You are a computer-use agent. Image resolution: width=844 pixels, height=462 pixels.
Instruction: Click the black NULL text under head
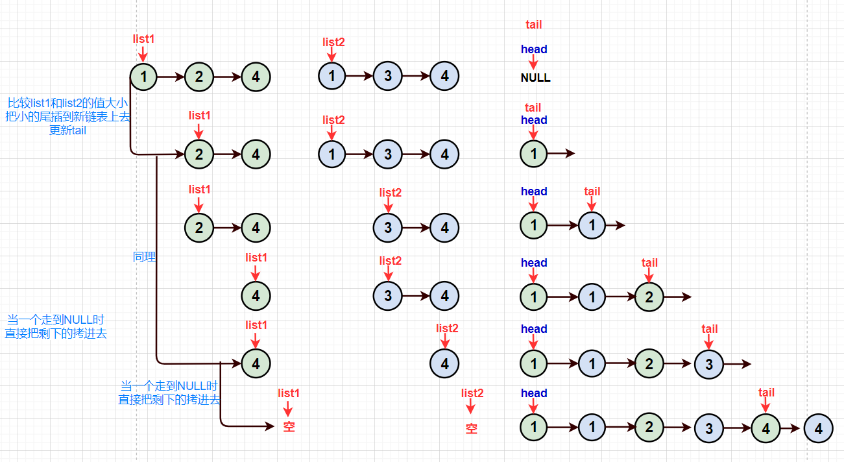tap(535, 78)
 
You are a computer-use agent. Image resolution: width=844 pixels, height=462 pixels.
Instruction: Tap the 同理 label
tap(144, 257)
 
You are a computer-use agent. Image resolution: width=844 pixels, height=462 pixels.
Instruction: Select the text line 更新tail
tap(67, 130)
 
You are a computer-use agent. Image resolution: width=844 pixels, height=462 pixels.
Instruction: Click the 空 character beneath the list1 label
tap(289, 427)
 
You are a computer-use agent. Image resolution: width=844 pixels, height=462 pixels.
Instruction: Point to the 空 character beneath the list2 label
tap(472, 428)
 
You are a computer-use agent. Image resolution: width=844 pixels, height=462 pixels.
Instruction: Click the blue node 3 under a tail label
tap(709, 364)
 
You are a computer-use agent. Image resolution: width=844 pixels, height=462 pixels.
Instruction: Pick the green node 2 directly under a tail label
tap(649, 297)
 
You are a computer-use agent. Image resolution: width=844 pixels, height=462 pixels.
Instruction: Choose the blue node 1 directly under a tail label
tap(592, 225)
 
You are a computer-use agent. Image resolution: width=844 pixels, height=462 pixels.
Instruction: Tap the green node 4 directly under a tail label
tap(766, 428)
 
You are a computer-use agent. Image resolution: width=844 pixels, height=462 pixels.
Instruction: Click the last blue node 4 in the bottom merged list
tap(818, 429)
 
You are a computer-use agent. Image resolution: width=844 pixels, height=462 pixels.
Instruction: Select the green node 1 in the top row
tap(143, 77)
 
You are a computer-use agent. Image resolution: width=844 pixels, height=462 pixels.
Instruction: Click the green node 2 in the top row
tap(199, 77)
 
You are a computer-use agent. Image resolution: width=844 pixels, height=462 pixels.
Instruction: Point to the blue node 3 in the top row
tap(387, 77)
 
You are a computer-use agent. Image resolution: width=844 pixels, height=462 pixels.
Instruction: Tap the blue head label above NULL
tap(534, 49)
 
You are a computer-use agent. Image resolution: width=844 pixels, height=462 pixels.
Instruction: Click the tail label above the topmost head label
tap(533, 25)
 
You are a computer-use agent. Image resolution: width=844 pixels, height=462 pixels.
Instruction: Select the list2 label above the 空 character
tap(472, 393)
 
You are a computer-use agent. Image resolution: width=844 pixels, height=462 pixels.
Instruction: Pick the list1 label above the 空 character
tap(289, 393)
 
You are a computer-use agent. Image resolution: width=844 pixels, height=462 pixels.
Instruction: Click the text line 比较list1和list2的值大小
tap(67, 103)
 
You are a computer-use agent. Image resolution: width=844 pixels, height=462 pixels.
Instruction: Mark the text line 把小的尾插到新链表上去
tap(67, 117)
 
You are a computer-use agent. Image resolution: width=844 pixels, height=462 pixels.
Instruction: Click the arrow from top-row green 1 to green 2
tap(171, 77)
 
